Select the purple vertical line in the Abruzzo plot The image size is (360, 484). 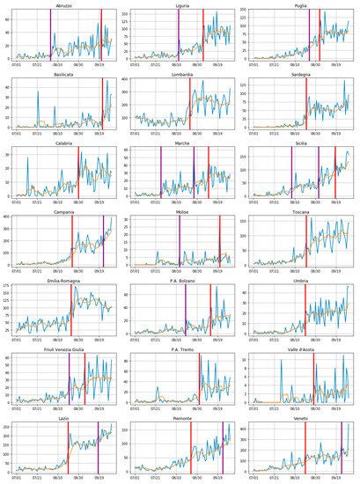(51, 35)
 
